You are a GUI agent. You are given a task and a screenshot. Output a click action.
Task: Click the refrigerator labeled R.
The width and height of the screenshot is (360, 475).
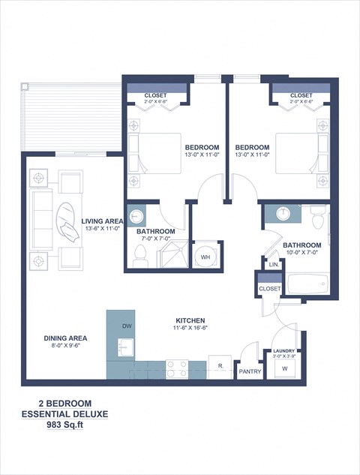tap(220, 365)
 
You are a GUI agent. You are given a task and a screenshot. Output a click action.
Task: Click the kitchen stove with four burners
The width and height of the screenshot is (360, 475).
tap(176, 368)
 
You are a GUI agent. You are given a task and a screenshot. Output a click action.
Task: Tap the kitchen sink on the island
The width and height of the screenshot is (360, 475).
tap(124, 349)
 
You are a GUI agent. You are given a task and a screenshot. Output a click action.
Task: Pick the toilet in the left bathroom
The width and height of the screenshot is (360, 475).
tap(139, 257)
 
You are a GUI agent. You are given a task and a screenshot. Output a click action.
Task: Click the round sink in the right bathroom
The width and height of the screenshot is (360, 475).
tap(282, 213)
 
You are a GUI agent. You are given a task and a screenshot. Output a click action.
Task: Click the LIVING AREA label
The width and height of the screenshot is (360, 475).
tap(103, 221)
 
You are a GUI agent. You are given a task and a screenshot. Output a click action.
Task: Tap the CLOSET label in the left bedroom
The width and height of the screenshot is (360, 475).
tap(156, 96)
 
